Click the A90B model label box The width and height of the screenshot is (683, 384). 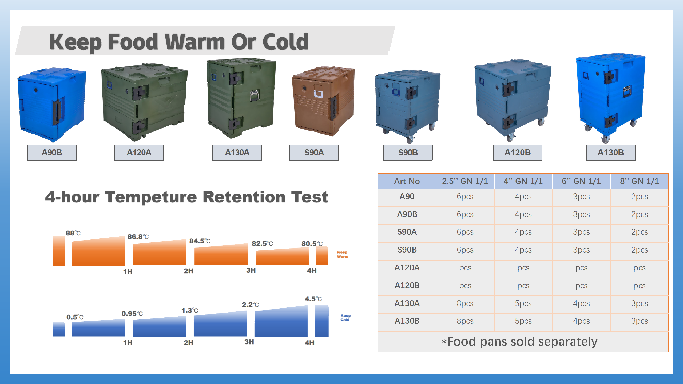click(x=52, y=153)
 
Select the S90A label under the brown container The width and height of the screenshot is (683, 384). click(x=314, y=153)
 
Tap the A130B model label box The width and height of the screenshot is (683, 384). click(x=611, y=153)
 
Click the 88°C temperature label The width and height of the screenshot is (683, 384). click(x=73, y=233)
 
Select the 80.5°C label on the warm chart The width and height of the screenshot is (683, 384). click(x=312, y=243)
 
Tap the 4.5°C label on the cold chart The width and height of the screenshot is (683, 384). click(x=313, y=299)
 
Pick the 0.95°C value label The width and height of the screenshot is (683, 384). click(x=132, y=314)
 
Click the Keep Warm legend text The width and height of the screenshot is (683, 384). click(x=343, y=254)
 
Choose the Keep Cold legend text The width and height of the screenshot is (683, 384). click(x=346, y=318)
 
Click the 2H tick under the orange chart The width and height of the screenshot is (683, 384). click(x=188, y=271)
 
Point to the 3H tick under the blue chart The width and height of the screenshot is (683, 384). click(x=249, y=342)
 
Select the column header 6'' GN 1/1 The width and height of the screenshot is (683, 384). click(x=581, y=181)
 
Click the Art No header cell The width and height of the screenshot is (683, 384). click(x=407, y=181)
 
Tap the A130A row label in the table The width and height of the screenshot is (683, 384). click(x=407, y=303)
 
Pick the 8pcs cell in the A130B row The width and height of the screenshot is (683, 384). click(x=465, y=321)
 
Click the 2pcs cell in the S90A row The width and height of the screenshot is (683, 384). click(x=640, y=232)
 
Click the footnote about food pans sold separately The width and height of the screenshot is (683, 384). click(x=519, y=342)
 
